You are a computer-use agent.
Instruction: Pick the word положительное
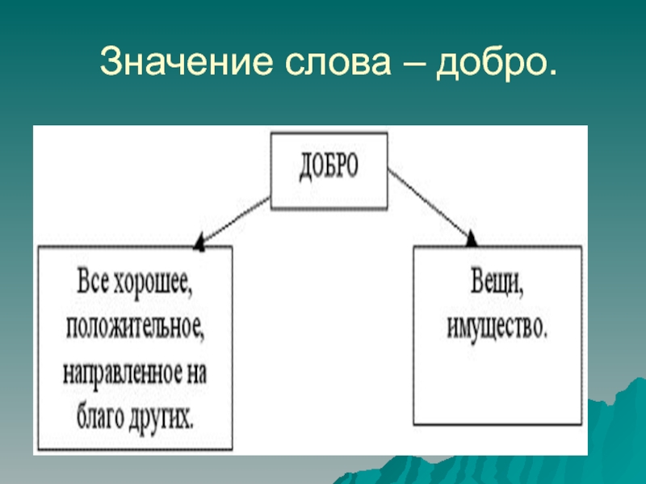point(132,330)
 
